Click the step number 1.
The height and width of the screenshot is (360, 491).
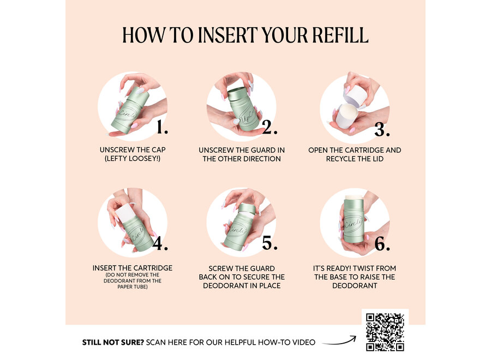[x=162, y=128]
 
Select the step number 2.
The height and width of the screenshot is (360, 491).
[x=270, y=128]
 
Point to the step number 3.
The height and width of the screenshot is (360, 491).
[x=382, y=129]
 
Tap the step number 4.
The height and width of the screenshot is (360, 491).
[x=160, y=243]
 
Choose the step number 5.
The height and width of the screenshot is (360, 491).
[x=270, y=243]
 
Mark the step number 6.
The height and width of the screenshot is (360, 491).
[x=382, y=244]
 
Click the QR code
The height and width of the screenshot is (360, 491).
[x=385, y=332]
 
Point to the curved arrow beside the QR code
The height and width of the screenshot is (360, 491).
[x=339, y=342]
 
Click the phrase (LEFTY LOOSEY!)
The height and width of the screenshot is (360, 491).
[x=133, y=158]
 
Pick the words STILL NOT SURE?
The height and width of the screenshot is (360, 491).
[x=113, y=342]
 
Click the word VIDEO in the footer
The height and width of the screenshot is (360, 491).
[x=304, y=342]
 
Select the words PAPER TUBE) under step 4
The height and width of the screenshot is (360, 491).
[x=133, y=286]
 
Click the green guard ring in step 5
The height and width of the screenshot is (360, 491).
[x=248, y=209]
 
